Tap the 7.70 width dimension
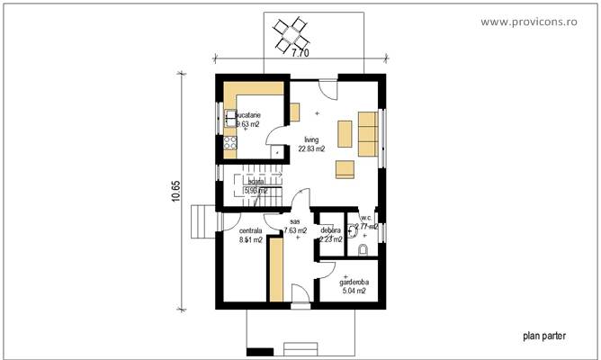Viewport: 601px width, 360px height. pos(299,55)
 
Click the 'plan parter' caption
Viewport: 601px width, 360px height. pos(544,335)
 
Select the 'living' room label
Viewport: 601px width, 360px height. pos(311,140)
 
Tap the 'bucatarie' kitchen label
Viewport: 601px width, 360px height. pos(248,115)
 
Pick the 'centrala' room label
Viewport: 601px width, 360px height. pos(251,231)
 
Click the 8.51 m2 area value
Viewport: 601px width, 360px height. pos(251,240)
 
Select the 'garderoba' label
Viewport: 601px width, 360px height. pos(354,282)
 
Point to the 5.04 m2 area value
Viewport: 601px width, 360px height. pos(354,291)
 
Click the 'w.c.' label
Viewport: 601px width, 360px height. pos(365,218)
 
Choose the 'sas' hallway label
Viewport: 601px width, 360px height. pos(294,220)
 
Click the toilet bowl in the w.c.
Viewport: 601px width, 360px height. pos(363,248)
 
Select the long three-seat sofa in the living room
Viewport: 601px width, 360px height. pos(367,132)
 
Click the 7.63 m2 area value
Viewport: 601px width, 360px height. pos(296,231)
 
